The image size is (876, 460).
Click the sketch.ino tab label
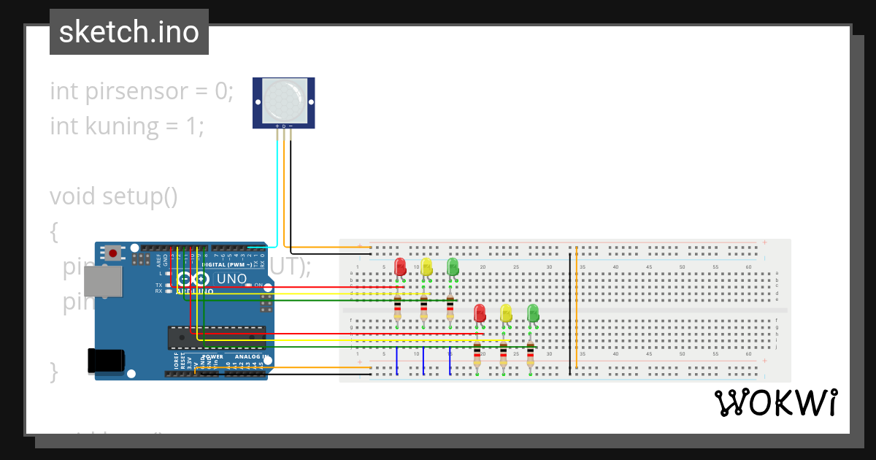pos(129,32)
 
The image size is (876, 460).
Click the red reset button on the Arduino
pos(113,253)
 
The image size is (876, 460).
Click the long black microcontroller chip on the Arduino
pos(217,337)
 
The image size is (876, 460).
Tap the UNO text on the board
pos(231,279)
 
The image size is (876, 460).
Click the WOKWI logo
pos(776,403)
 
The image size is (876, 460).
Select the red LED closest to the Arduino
pos(400,267)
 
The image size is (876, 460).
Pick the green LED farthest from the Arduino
pos(533,313)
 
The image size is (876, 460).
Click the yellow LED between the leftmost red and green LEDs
pos(426,267)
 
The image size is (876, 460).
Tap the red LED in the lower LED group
pos(480,313)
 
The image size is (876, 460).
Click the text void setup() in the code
pos(114,196)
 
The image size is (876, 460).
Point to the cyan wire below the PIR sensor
pos(277,190)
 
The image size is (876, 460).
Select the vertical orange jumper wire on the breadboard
pos(577,307)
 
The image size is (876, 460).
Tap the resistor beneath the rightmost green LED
pos(530,353)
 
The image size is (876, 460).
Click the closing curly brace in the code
pos(53,371)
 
